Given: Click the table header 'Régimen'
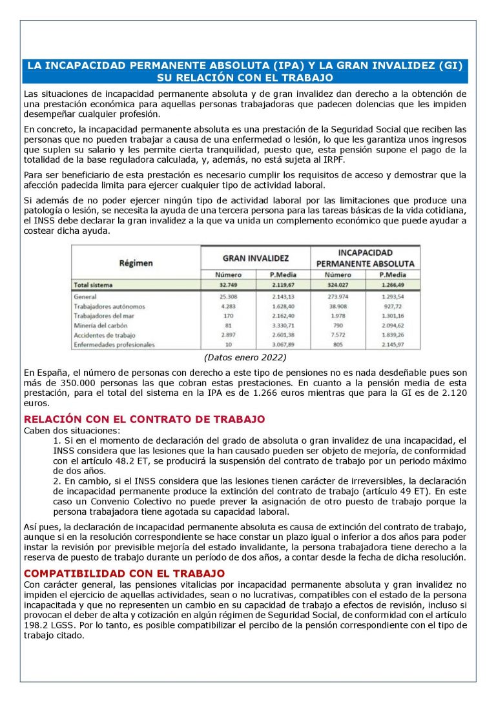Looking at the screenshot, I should pos(136,263).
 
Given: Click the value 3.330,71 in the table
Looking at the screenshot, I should pos(283,325).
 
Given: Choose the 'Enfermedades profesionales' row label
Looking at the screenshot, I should pos(115,345).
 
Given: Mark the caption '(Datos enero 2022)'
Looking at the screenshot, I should pos(245,357).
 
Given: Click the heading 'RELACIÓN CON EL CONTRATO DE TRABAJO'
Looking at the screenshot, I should pos(144,419).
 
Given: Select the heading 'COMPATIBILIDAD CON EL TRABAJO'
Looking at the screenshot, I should pos(125,573).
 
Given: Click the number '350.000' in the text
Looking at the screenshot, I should pos(63,383).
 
